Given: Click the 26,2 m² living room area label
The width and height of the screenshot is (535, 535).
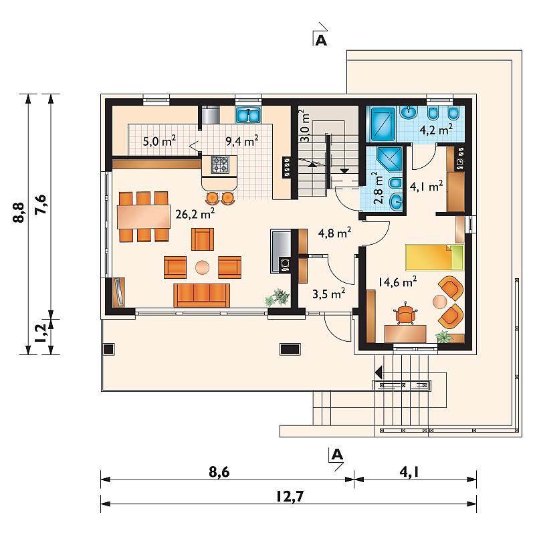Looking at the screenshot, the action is click(195, 213).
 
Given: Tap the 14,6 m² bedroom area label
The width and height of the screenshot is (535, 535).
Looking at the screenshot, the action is click(397, 282).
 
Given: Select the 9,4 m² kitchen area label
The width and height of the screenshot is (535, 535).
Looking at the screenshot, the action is click(242, 140).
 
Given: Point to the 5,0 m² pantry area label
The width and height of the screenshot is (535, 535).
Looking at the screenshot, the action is click(159, 140).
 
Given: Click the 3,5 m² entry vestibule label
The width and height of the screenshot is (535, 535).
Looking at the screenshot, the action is click(328, 294).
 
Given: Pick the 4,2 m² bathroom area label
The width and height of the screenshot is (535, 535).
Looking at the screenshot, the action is click(436, 129).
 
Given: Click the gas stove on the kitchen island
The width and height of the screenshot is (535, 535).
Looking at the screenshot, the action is click(220, 165).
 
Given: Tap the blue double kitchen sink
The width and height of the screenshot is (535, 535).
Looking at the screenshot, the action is click(248, 114).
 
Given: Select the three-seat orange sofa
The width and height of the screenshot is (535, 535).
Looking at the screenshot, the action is click(202, 295).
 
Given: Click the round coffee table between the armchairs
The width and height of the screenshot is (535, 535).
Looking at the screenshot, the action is click(203, 267).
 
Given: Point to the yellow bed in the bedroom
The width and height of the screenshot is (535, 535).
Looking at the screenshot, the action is click(434, 257).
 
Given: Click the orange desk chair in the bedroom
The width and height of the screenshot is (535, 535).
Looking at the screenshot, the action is click(406, 314).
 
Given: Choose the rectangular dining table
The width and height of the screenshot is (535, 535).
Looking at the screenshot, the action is click(144, 217).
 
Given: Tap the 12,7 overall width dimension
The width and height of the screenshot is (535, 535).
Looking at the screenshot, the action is click(290, 496).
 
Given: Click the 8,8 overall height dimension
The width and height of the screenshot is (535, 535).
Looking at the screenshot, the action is click(19, 213).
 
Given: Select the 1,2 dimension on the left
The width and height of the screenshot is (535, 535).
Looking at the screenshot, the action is click(41, 332).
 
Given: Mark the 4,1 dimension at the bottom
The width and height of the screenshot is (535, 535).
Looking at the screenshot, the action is click(409, 472).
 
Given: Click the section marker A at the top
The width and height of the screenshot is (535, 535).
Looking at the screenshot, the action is click(321, 41).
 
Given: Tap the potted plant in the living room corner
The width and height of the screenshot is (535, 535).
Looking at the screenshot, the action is click(278, 297).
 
